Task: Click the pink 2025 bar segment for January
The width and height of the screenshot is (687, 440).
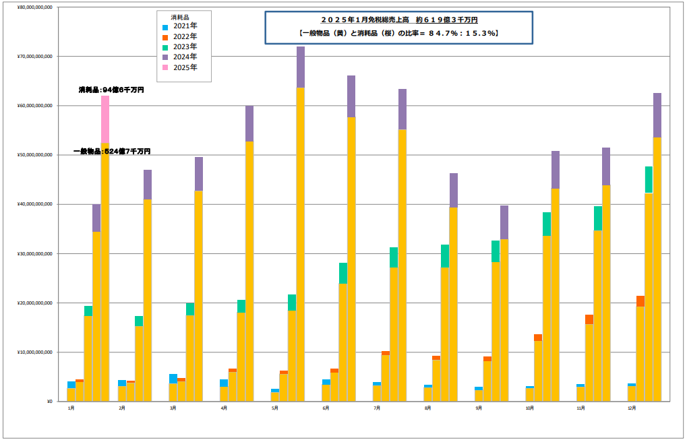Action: [x=105, y=119]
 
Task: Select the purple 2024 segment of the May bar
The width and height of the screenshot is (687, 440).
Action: [x=301, y=67]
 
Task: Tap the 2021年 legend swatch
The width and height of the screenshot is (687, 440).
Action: [x=166, y=26]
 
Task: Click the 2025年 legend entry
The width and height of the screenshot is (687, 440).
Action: [x=185, y=67]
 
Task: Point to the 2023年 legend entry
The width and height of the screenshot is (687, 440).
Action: [x=185, y=46]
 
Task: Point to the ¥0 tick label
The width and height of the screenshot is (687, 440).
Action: [x=49, y=402]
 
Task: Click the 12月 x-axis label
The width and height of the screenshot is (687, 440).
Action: [x=632, y=408]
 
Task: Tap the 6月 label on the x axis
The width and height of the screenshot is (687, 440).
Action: [x=326, y=408]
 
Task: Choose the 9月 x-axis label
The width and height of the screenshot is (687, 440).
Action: [x=479, y=408]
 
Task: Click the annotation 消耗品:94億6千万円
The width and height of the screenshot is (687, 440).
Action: [x=111, y=90]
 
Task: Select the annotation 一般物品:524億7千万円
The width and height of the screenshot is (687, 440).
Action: [x=112, y=152]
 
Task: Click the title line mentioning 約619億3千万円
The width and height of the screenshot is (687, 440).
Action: [x=399, y=20]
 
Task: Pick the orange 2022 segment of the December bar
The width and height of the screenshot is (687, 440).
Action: [x=640, y=301]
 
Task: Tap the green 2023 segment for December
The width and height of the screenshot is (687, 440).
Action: [x=649, y=179]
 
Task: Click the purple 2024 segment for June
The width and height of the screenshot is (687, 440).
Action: [x=351, y=96]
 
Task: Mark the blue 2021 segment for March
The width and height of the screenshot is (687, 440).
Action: [x=173, y=379]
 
